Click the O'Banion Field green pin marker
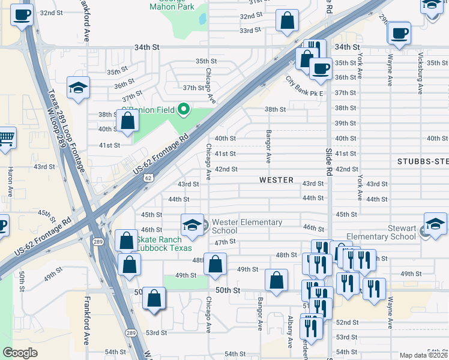point(185,109)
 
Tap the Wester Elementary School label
point(247,226)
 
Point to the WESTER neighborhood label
point(276,180)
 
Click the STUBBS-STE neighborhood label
point(423,161)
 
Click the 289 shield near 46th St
point(98,241)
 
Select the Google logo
point(20,353)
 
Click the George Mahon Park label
point(172,5)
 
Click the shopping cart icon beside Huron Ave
point(5,138)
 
